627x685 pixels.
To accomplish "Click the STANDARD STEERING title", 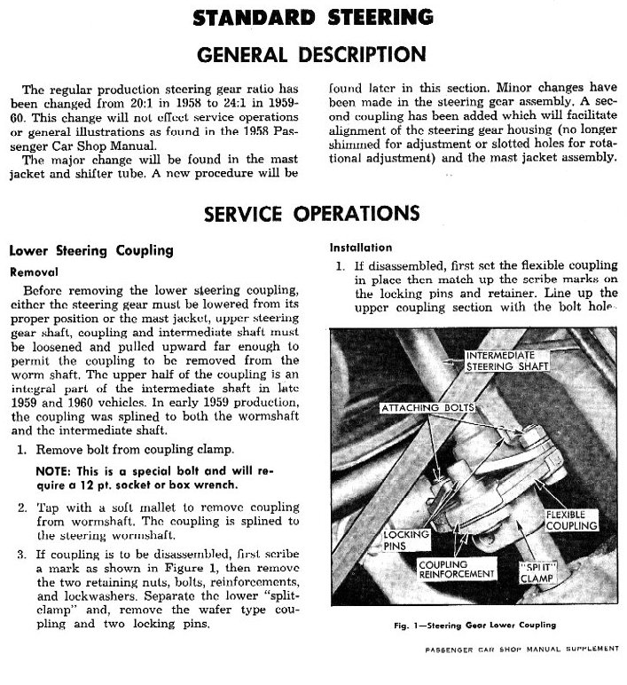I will click(314, 16).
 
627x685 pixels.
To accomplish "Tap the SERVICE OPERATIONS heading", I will click(311, 213).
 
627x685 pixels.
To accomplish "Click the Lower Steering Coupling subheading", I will click(90, 252).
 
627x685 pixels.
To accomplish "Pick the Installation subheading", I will click(361, 248).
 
